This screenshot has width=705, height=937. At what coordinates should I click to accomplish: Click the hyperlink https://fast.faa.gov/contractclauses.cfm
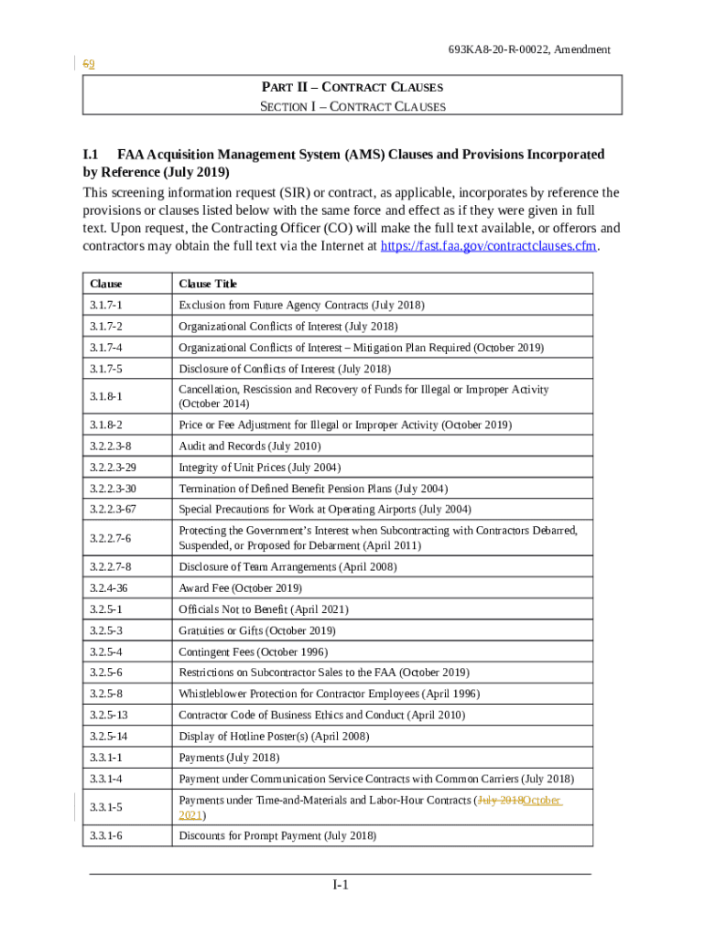pyautogui.click(x=489, y=246)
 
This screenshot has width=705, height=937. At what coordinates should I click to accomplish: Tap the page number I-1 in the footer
pyautogui.click(x=340, y=885)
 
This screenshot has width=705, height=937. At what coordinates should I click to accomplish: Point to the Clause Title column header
pyautogui.click(x=208, y=284)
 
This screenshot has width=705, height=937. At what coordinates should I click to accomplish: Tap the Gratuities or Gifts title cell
pyautogui.click(x=257, y=631)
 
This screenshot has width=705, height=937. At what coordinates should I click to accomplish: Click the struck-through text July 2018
pyautogui.click(x=500, y=801)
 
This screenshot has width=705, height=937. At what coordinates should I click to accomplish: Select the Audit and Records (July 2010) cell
pyautogui.click(x=250, y=447)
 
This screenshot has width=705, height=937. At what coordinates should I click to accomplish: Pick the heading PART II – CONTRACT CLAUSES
pyautogui.click(x=352, y=87)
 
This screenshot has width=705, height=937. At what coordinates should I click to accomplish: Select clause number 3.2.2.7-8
pyautogui.click(x=111, y=567)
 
